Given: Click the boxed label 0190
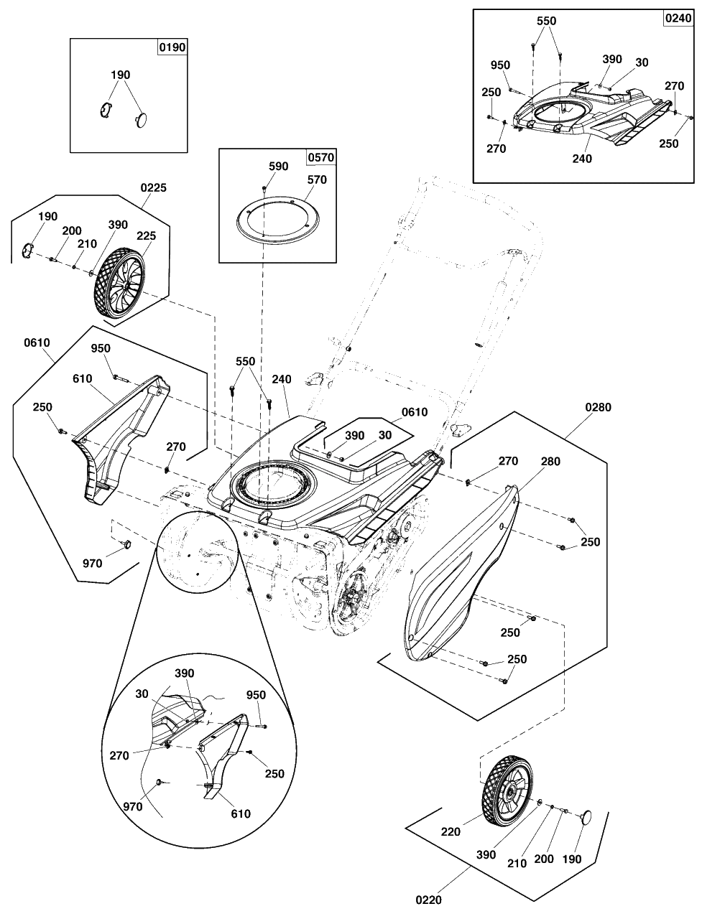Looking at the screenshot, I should tap(172, 47).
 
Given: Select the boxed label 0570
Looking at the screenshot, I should tap(320, 157).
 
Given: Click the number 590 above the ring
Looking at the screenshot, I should tap(278, 167).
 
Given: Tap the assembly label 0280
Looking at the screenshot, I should tap(598, 408).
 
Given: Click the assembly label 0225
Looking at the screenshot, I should tap(153, 188).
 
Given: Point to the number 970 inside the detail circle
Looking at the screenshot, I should tap(132, 806).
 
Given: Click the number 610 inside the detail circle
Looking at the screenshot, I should tap(241, 813).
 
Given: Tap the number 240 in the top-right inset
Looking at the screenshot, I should tap(582, 159).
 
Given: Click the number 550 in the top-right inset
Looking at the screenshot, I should tap(546, 22).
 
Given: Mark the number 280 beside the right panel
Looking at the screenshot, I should tap(550, 462).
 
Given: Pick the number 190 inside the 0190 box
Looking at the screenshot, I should tap(121, 75).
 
